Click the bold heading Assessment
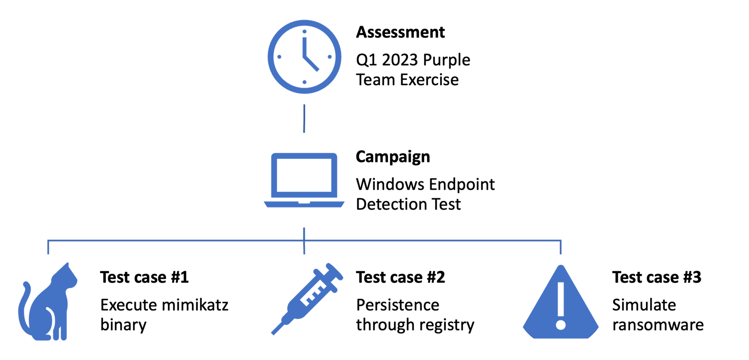point(400,32)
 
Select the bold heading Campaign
point(393,157)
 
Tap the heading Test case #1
point(145,277)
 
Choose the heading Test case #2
point(400,277)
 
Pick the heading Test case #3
point(657,277)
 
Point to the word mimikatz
point(195,305)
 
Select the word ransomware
point(658,325)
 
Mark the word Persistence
point(397,305)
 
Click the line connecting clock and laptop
point(304,118)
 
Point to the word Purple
point(447,61)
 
